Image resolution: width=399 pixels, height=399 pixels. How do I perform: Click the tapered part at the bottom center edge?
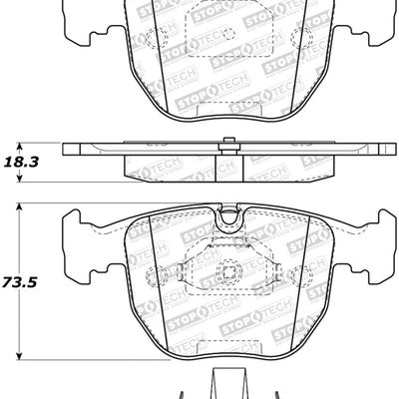[228, 384]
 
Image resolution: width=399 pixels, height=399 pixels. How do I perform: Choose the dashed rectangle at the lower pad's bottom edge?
[228, 345]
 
